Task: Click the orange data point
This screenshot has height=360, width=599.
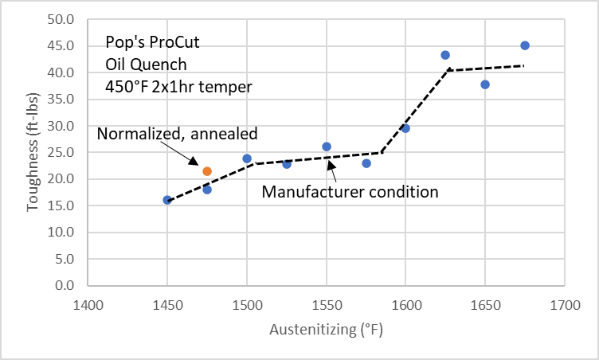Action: point(207,171)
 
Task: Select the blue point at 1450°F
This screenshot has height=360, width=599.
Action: point(167,200)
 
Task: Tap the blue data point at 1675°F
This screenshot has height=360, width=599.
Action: point(525,45)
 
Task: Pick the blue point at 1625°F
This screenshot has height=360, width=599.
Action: point(445,55)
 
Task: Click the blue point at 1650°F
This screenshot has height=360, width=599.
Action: point(485,84)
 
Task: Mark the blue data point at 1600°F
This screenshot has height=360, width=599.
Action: point(405,128)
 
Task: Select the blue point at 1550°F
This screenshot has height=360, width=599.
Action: point(327,147)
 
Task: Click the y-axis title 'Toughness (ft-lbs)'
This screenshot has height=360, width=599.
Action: point(33,151)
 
